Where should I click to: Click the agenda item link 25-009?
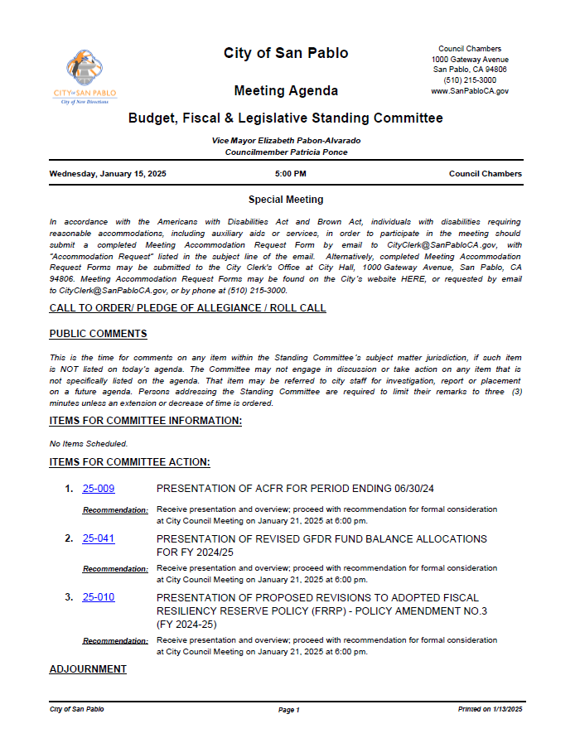pyautogui.click(x=99, y=489)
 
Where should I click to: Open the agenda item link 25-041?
pyautogui.click(x=99, y=538)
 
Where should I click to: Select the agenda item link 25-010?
pyautogui.click(x=99, y=597)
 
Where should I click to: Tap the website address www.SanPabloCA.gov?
pyautogui.click(x=470, y=91)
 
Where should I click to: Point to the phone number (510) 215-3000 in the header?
pyautogui.click(x=470, y=80)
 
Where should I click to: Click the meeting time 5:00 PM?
pyautogui.click(x=290, y=174)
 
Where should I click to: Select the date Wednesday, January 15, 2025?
pyautogui.click(x=108, y=174)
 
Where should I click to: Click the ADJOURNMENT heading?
pyautogui.click(x=88, y=669)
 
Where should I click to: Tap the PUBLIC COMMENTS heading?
pyautogui.click(x=98, y=334)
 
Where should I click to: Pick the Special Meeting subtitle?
pyautogui.click(x=286, y=200)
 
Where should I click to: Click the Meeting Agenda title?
pyautogui.click(x=286, y=91)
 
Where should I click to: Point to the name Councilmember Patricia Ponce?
pyautogui.click(x=286, y=152)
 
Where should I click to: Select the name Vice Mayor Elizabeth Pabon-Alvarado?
pyautogui.click(x=286, y=141)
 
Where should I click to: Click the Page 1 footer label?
pyautogui.click(x=288, y=710)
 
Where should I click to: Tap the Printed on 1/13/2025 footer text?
pyautogui.click(x=490, y=710)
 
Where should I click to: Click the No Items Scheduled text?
pyautogui.click(x=89, y=444)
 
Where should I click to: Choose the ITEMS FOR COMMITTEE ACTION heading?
pyautogui.click(x=129, y=462)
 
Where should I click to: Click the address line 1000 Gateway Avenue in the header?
pyautogui.click(x=470, y=60)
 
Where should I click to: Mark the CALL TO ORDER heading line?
pyautogui.click(x=187, y=308)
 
